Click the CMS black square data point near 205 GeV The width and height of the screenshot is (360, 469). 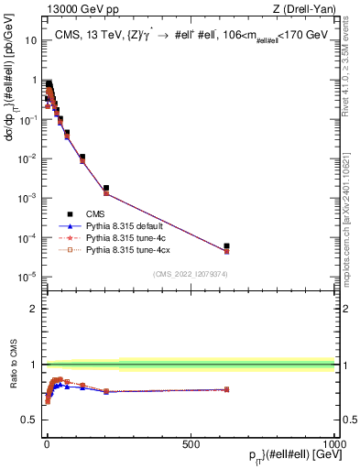click(106, 188)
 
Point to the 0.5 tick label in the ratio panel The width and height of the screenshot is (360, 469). click(30, 420)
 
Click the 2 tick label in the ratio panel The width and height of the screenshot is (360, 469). click(34, 309)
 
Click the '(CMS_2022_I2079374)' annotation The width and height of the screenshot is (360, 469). click(190, 273)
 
